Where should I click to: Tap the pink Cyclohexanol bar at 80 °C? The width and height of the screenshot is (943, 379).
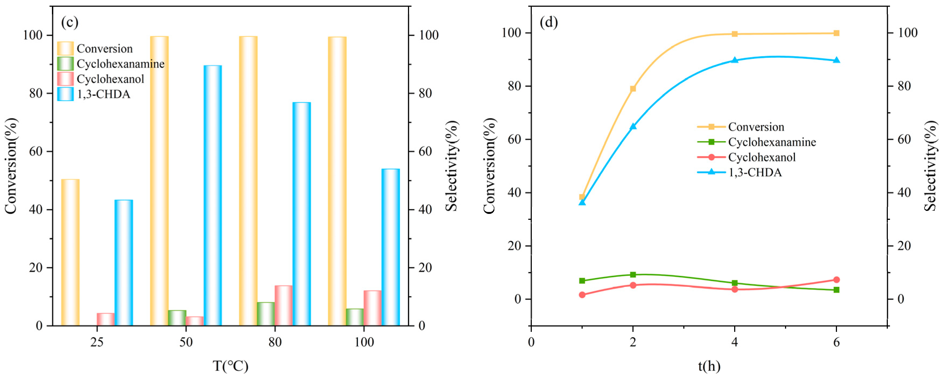pos(284,305)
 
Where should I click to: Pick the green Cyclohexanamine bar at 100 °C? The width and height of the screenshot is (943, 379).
pos(355,317)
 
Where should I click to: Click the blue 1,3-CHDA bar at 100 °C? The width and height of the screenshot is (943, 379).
pos(390,247)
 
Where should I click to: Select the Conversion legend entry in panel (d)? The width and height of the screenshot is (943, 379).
pos(756,127)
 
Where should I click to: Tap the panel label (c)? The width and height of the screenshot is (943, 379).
pos(69,22)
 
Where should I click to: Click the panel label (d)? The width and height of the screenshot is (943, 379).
pos(549,22)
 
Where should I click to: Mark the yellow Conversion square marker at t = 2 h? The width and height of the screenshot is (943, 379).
pos(633,89)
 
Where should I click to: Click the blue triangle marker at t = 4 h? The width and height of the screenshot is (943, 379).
pos(735,60)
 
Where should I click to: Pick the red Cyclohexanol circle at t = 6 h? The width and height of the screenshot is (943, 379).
pos(836,280)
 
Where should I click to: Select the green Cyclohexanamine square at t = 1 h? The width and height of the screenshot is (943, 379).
pos(582,281)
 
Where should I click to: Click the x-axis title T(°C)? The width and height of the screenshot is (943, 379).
pos(230,366)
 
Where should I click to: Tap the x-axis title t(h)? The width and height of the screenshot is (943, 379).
pos(709,366)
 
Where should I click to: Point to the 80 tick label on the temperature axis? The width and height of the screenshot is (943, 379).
pos(275,342)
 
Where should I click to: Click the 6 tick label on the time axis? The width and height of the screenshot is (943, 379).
pos(836,342)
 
